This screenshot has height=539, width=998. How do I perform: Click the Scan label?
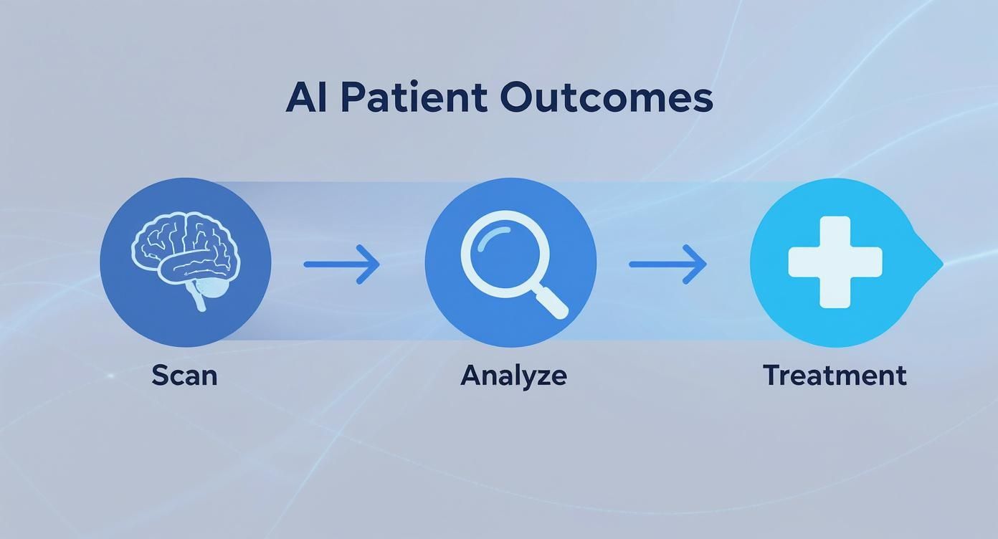[184, 376]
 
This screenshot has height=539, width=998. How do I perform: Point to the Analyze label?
[513, 376]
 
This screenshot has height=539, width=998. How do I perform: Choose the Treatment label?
[835, 376]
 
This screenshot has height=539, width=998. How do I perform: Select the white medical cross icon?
[835, 262]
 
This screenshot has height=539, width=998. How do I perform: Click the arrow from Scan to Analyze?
[341, 264]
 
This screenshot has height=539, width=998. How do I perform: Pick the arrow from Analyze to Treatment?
[667, 264]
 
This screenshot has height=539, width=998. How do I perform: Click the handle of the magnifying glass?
[551, 302]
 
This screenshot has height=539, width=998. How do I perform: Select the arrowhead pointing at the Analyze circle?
[370, 264]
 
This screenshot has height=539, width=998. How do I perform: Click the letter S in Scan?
[160, 376]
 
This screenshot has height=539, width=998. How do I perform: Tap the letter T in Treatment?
[772, 376]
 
